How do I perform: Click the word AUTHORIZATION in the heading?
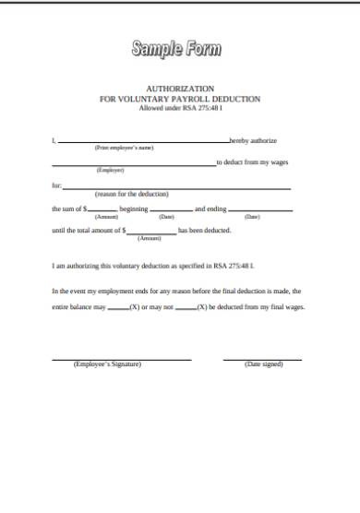(x=180, y=89)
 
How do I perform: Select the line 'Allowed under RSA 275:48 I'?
(x=180, y=109)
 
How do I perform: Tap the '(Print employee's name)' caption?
(x=124, y=148)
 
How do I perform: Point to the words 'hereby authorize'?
(x=253, y=140)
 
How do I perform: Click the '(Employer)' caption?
(x=111, y=170)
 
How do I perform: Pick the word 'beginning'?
(x=135, y=209)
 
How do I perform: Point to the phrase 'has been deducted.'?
(x=205, y=231)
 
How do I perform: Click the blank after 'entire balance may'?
(x=119, y=308)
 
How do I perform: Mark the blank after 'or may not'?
(x=185, y=308)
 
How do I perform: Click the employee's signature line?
(x=121, y=359)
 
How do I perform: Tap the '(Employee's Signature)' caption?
(x=107, y=365)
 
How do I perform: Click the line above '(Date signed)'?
(x=262, y=359)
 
